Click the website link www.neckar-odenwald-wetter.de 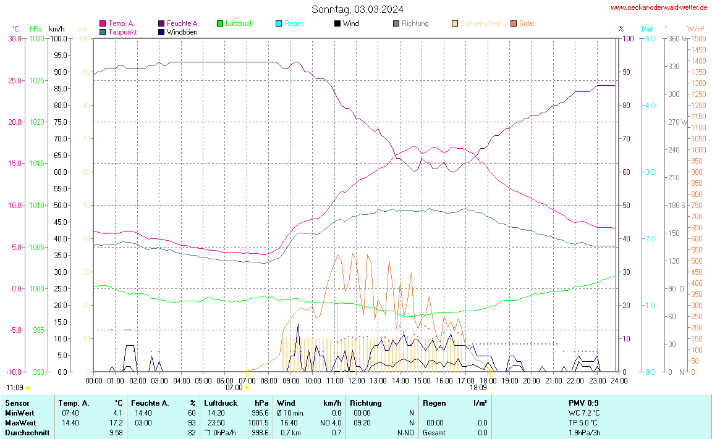tap(659, 7)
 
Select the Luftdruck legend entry tap(239, 23)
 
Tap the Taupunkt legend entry tap(122, 32)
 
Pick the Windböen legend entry tap(182, 32)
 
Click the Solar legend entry tap(527, 23)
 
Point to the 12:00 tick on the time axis tap(356, 379)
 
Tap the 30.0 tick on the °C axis tap(14, 38)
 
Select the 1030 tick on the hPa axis tap(36, 38)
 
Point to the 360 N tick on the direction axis tap(675, 38)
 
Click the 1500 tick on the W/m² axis tap(698, 38)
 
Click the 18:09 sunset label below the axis tap(478, 388)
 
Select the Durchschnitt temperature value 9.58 tap(116, 433)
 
